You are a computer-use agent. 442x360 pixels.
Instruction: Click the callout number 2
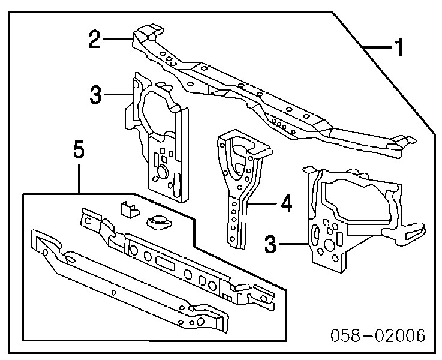(x=94, y=40)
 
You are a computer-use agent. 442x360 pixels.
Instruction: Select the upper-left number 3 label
(x=95, y=94)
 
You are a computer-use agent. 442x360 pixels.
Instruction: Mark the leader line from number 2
(x=118, y=40)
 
